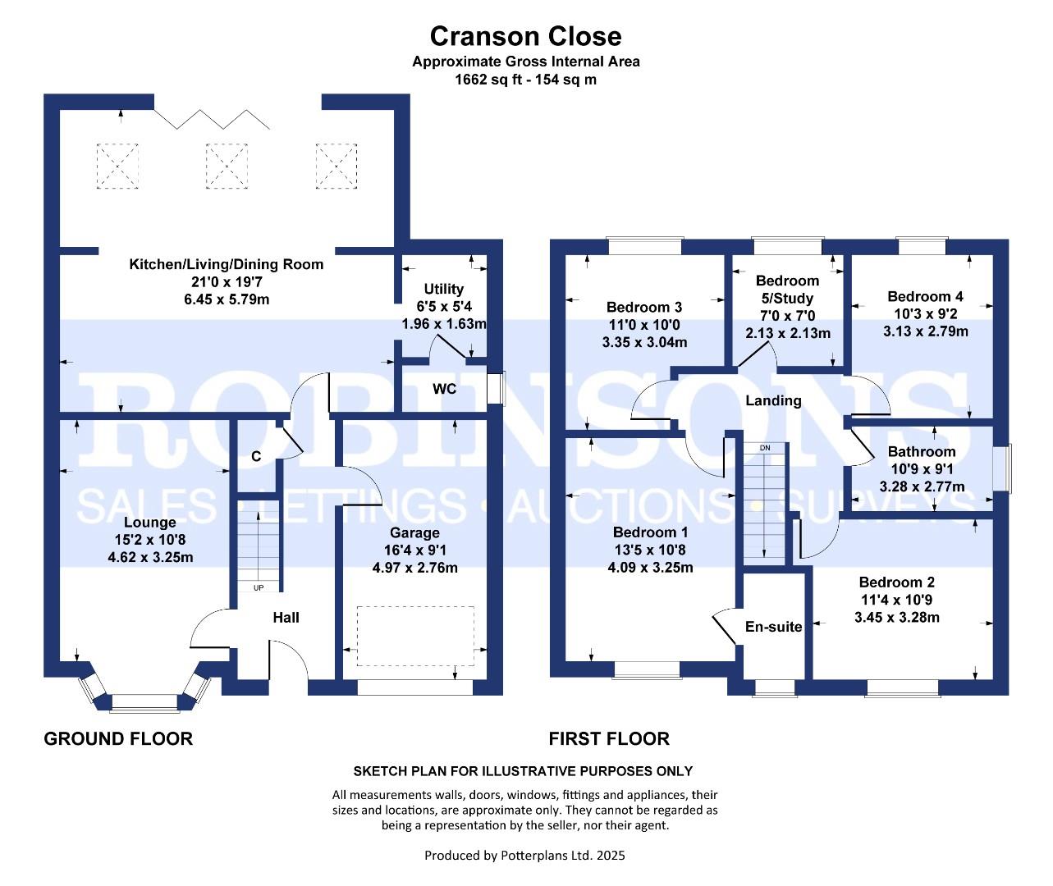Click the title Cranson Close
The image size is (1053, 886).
(x=525, y=36)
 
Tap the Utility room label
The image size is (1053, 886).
(x=443, y=289)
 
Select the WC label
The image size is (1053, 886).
(x=444, y=389)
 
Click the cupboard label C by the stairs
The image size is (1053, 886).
(x=256, y=456)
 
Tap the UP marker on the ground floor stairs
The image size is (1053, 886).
(x=259, y=588)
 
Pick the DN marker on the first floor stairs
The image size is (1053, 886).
(x=765, y=448)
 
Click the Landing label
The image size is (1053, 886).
(x=773, y=401)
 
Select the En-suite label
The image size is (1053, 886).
(x=773, y=627)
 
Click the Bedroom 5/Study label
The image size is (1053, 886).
(x=787, y=289)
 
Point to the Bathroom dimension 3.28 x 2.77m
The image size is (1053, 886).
(x=922, y=486)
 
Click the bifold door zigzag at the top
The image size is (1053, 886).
(x=213, y=119)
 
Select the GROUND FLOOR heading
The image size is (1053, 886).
(x=118, y=739)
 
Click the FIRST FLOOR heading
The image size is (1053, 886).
(x=609, y=739)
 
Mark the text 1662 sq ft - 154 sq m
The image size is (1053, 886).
(x=525, y=80)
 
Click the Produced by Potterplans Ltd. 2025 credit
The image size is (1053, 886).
(x=524, y=855)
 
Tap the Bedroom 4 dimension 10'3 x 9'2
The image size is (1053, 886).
(x=925, y=314)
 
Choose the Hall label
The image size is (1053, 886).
(x=286, y=618)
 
